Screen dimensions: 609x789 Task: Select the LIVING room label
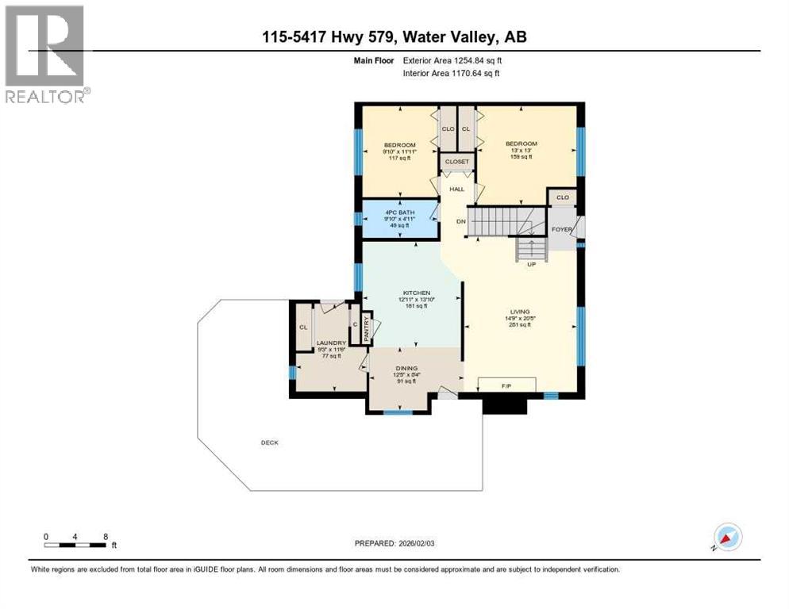click(x=520, y=312)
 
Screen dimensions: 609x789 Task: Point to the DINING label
click(x=406, y=368)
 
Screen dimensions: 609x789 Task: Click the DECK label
click(x=269, y=442)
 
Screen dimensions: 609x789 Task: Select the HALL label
click(x=456, y=189)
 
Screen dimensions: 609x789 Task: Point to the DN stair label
click(x=460, y=221)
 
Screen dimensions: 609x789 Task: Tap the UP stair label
click(x=531, y=264)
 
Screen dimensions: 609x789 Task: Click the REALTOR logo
click(x=45, y=54)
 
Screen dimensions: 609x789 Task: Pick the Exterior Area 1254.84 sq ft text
click(x=452, y=59)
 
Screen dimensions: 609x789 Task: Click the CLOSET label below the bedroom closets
click(x=456, y=162)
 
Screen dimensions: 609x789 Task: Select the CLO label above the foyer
click(x=562, y=196)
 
